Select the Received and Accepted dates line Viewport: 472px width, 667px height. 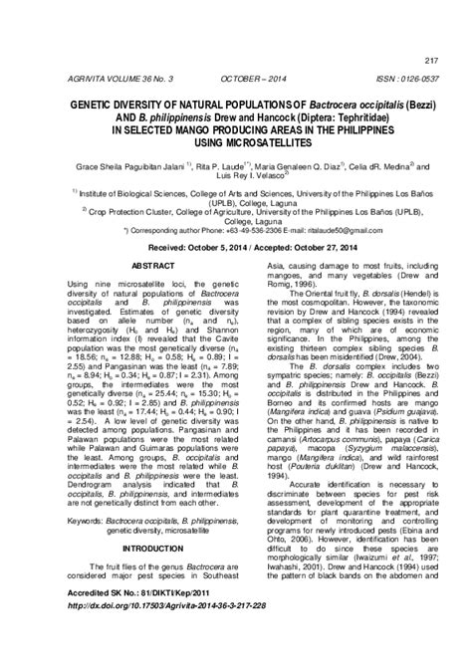(x=235, y=243)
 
